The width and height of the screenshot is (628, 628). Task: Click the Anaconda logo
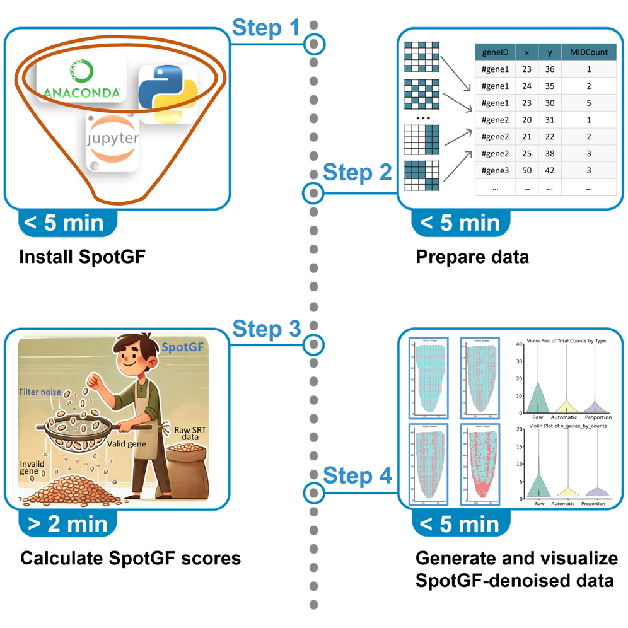click(x=81, y=80)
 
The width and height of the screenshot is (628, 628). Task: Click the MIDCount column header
click(x=588, y=52)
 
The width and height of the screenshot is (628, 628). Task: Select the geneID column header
click(x=494, y=52)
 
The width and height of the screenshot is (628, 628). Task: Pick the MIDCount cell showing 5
click(x=588, y=103)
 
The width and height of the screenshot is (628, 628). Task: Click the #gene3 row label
click(x=494, y=171)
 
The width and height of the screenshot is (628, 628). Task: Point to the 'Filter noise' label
click(x=40, y=392)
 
